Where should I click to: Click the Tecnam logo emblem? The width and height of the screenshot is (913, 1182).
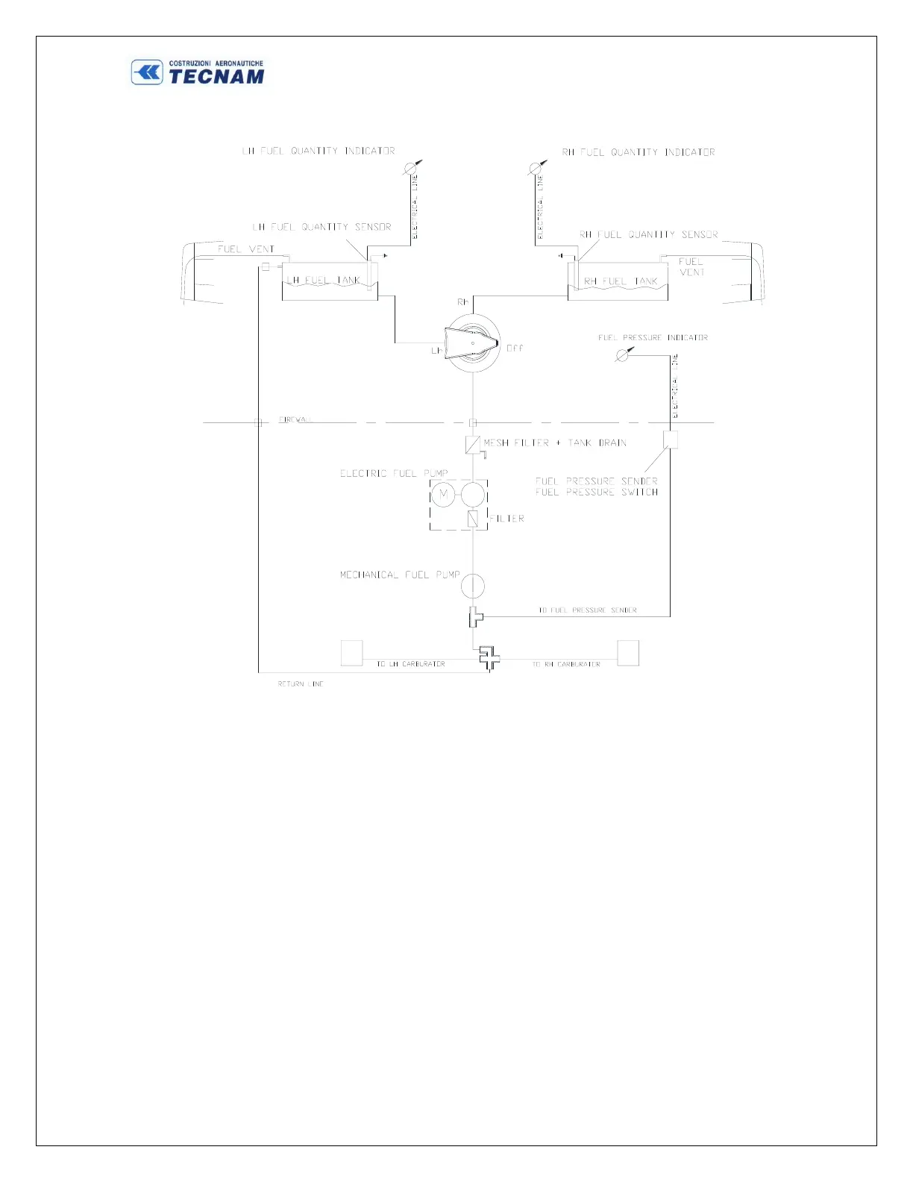pyautogui.click(x=147, y=72)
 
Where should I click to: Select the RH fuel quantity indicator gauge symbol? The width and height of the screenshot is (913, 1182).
pyautogui.click(x=535, y=169)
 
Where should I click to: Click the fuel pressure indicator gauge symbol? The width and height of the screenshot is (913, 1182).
pyautogui.click(x=621, y=356)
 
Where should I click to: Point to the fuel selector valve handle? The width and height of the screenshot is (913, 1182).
pyautogui.click(x=471, y=344)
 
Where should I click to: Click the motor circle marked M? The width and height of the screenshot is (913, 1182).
pyautogui.click(x=443, y=494)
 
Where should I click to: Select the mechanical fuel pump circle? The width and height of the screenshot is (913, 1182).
pyautogui.click(x=472, y=586)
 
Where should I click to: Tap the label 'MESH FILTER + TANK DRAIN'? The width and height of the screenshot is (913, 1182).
pyautogui.click(x=555, y=443)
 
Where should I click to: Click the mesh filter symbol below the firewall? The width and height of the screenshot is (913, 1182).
pyautogui.click(x=472, y=445)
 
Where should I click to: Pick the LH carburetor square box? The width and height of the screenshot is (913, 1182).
pyautogui.click(x=351, y=653)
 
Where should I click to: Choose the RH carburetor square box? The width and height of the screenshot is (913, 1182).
pyautogui.click(x=628, y=653)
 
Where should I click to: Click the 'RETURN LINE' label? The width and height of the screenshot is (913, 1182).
pyautogui.click(x=301, y=684)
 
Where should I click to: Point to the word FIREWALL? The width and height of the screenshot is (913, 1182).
pyautogui.click(x=295, y=419)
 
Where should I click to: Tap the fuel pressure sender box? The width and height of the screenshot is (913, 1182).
pyautogui.click(x=671, y=440)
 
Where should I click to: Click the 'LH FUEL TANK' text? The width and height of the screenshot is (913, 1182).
pyautogui.click(x=324, y=281)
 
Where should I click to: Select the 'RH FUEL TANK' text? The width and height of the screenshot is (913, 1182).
pyautogui.click(x=621, y=281)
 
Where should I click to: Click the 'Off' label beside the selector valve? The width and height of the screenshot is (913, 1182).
pyautogui.click(x=515, y=348)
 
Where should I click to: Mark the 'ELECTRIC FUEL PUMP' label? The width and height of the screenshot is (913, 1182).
pyautogui.click(x=394, y=473)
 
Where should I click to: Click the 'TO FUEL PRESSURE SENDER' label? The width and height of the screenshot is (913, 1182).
pyautogui.click(x=588, y=610)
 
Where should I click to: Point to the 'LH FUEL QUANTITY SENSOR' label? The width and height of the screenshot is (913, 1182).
pyautogui.click(x=321, y=227)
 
